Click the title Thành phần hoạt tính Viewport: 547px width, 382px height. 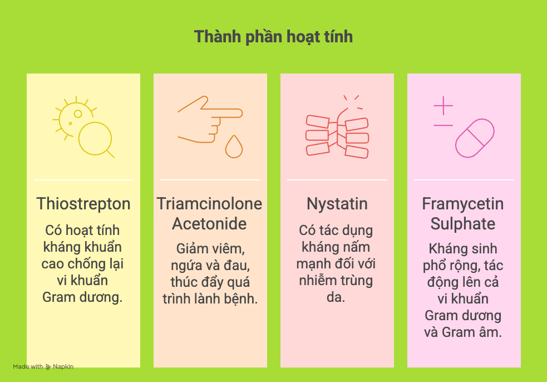click(x=273, y=37)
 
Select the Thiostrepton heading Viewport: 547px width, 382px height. click(x=83, y=204)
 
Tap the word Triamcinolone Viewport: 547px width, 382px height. click(x=209, y=204)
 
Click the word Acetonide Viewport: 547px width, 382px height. click(x=209, y=224)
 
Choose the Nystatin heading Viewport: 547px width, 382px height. click(x=337, y=204)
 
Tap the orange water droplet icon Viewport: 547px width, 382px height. click(x=234, y=147)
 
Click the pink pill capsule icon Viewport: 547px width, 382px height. click(x=475, y=138)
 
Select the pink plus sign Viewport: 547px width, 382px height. click(x=443, y=105)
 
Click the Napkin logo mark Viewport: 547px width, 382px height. click(x=48, y=367)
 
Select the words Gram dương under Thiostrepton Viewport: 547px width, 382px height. click(x=82, y=297)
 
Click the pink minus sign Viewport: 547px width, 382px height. click(x=443, y=125)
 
